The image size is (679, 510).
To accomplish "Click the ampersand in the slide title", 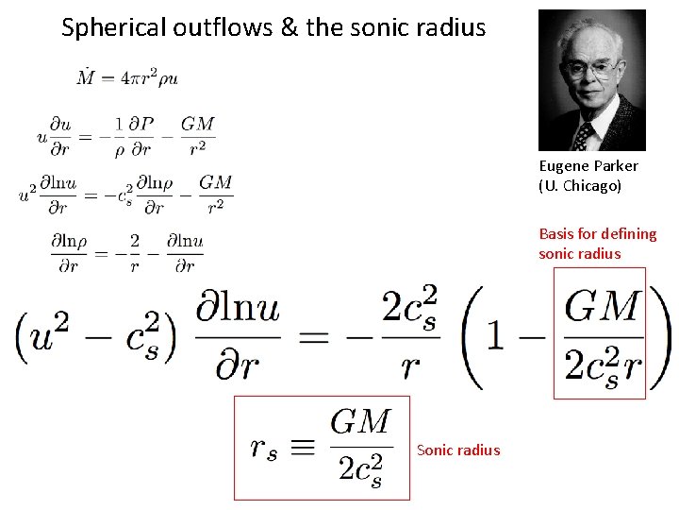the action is pos(290,27).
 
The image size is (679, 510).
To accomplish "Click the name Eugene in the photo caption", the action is pos(563,166).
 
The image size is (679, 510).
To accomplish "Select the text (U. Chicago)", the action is pos(580,186).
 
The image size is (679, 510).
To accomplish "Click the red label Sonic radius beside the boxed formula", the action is pos(458,450).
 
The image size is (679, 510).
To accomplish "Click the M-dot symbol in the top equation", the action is pos(86,76).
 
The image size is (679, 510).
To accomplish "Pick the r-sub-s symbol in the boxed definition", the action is pos(264,448).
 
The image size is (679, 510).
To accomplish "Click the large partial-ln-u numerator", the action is pos(239,307).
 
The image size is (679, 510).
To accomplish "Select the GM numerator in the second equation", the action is pos(198,124).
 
